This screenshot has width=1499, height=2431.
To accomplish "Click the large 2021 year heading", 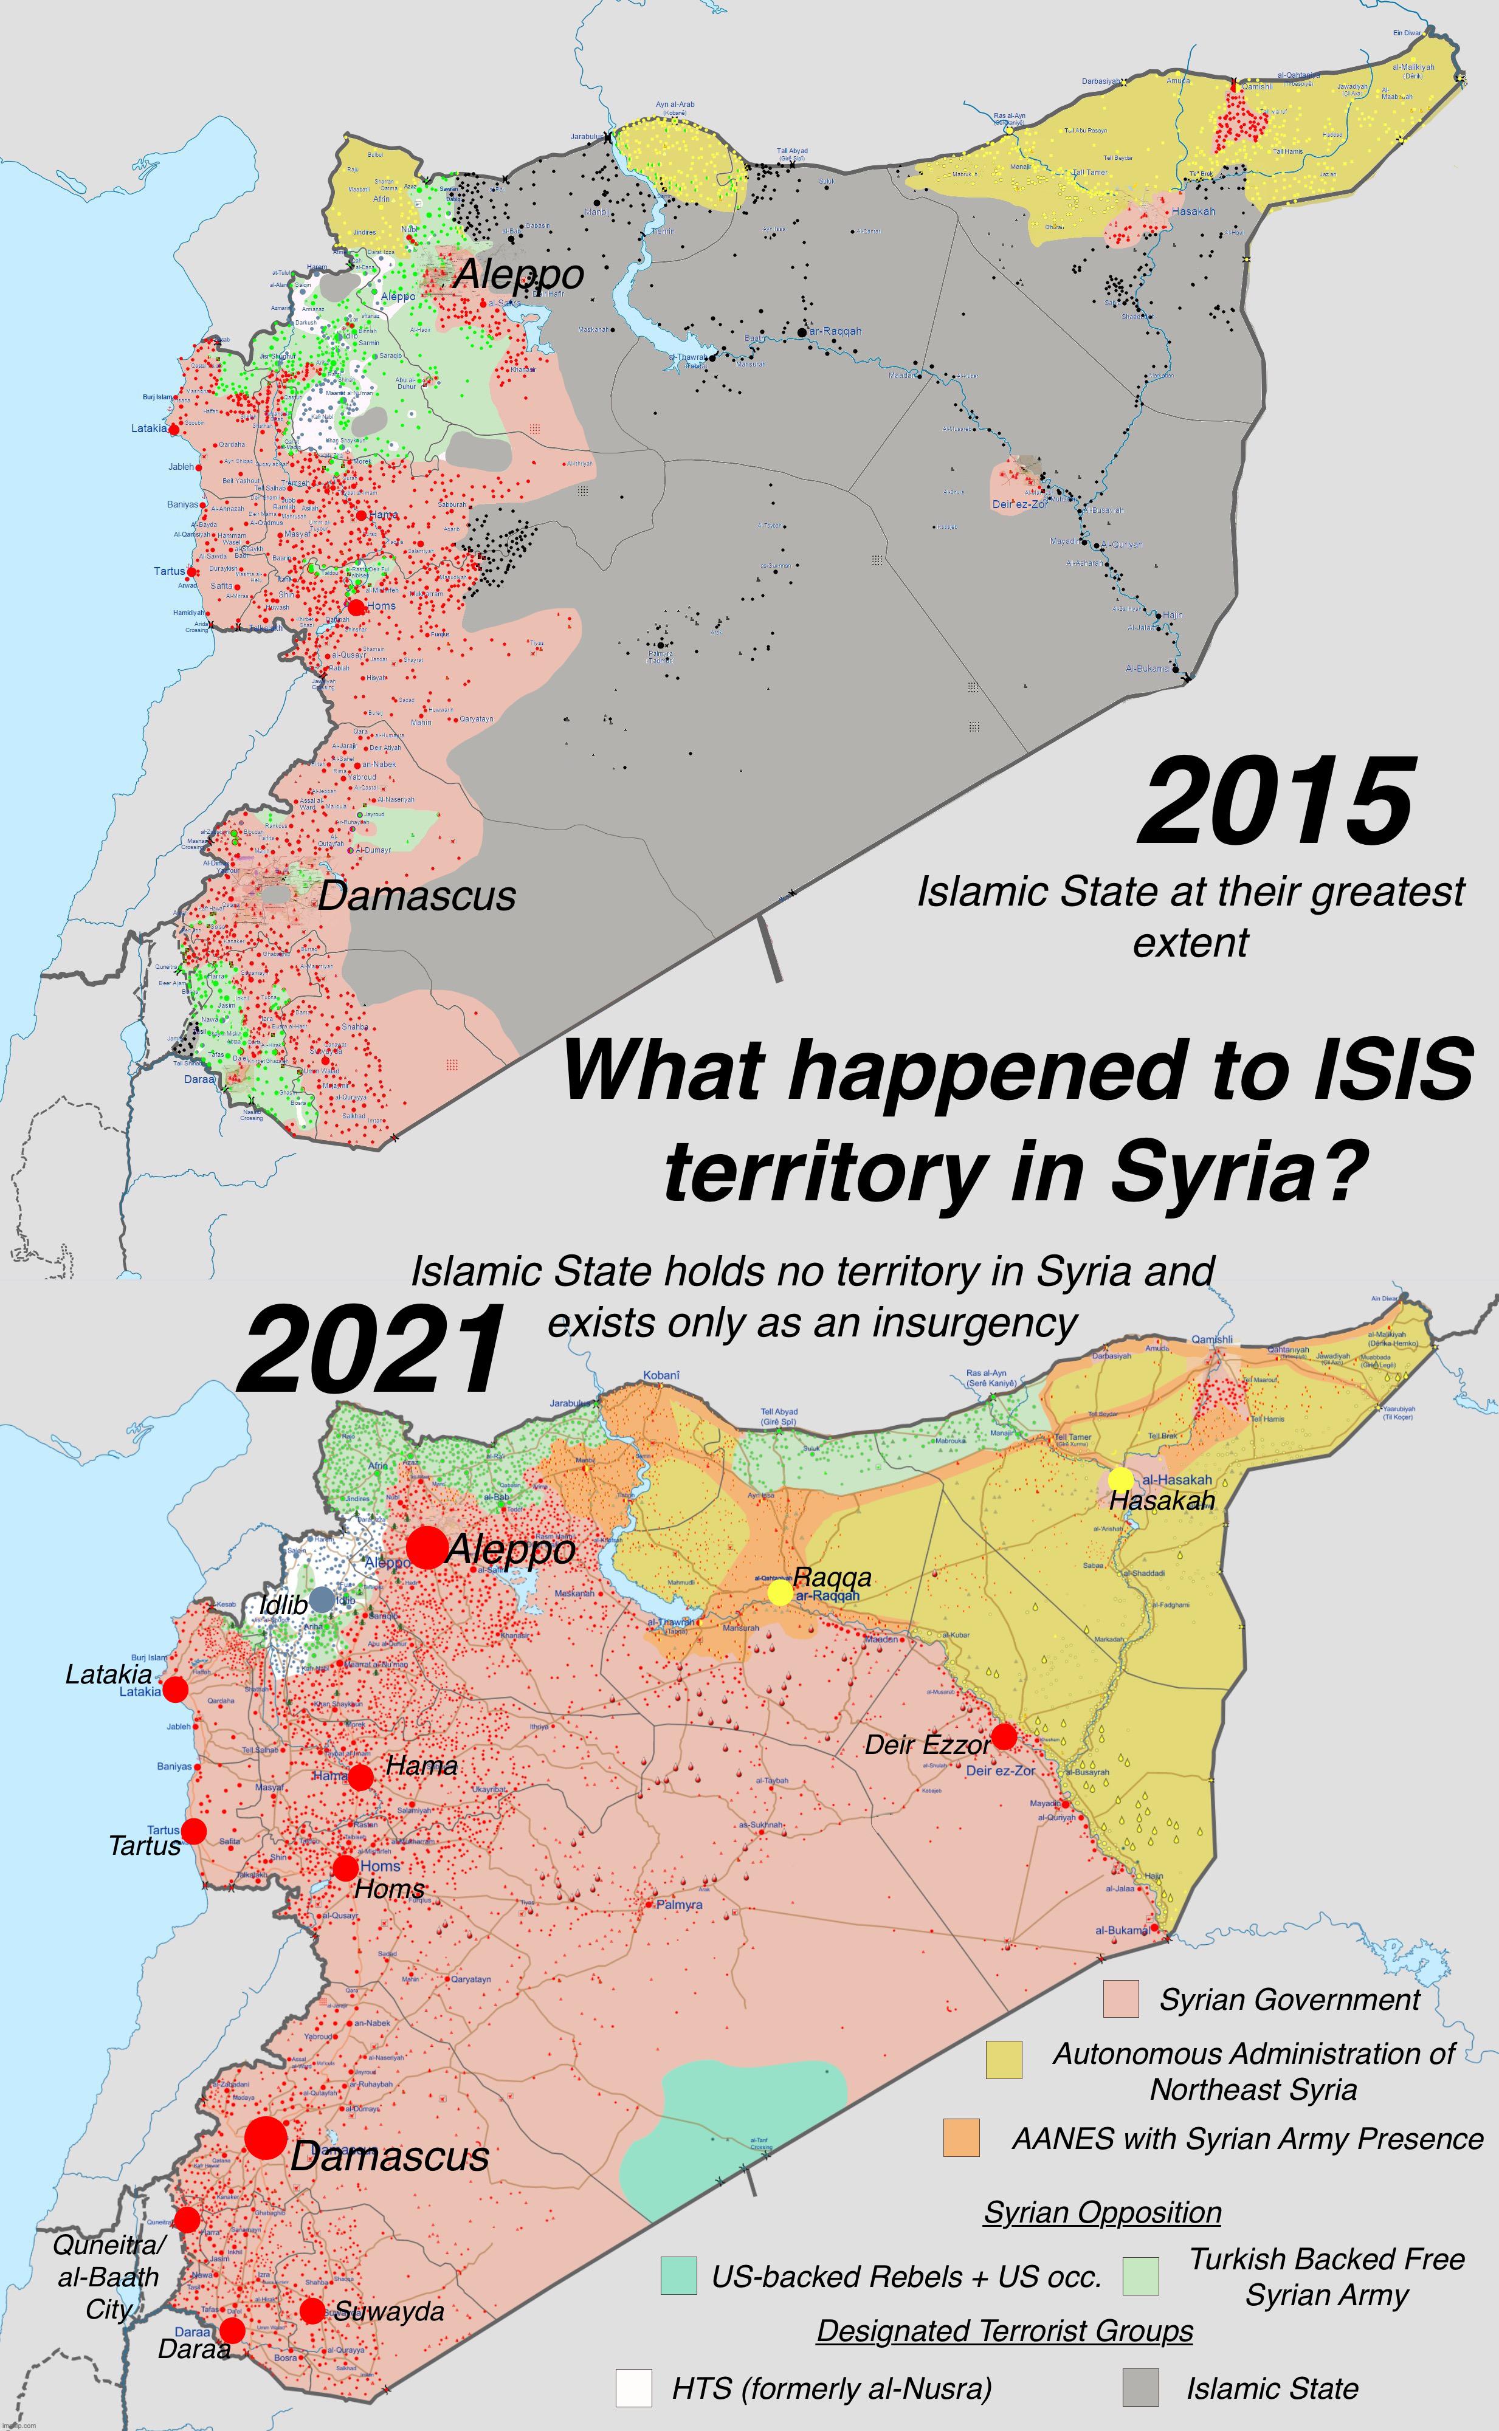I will [x=372, y=1350].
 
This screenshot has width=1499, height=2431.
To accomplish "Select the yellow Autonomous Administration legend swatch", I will [x=1004, y=2060].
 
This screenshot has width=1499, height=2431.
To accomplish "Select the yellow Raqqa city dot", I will [x=781, y=1592].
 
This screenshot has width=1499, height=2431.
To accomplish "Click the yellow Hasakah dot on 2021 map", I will [x=1120, y=1479].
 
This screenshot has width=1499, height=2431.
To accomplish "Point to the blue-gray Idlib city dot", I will [x=321, y=1598].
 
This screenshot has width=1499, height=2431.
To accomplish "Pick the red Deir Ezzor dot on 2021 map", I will [x=1004, y=1736].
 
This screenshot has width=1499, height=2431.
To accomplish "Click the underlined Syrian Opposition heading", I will [x=1101, y=2212].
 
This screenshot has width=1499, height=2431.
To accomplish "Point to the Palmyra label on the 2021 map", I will [x=679, y=1905].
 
